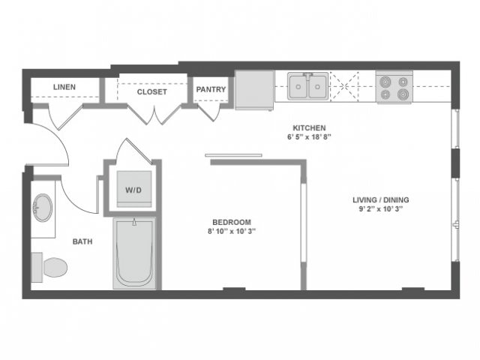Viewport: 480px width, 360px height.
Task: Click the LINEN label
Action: click(x=64, y=88)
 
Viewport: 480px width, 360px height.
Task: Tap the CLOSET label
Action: click(x=151, y=92)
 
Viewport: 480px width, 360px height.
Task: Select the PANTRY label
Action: click(x=211, y=90)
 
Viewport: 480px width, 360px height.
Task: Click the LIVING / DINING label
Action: click(x=381, y=199)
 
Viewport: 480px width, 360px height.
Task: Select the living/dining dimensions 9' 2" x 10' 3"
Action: click(x=381, y=209)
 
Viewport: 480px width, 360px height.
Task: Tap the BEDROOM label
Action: click(x=231, y=222)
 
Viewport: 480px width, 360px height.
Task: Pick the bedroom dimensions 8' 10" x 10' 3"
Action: click(x=231, y=232)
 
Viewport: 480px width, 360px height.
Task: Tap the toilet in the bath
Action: click(x=51, y=266)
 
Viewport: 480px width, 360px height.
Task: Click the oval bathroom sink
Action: click(x=43, y=208)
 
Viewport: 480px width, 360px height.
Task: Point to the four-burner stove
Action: click(x=394, y=88)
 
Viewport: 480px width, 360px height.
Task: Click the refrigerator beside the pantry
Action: click(x=254, y=90)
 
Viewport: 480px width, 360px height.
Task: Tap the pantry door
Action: click(x=209, y=111)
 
